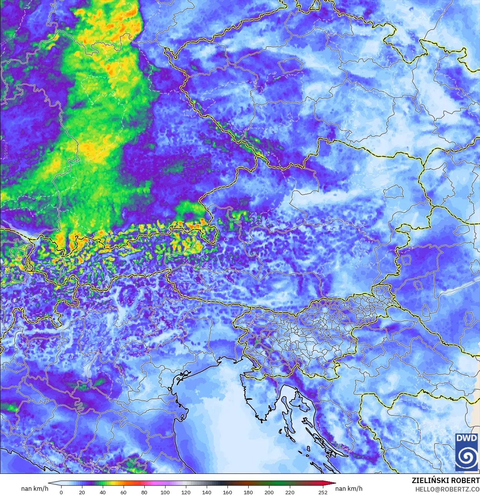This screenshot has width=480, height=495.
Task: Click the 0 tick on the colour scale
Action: pos(61,492)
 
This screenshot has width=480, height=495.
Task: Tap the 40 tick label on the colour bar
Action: pos(102,492)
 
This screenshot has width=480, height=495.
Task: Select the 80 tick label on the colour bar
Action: pos(144,492)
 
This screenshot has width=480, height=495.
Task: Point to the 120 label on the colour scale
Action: pos(186,492)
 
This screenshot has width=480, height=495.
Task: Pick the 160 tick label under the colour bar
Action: pos(227,492)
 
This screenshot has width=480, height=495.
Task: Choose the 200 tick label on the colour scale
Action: pos(269,492)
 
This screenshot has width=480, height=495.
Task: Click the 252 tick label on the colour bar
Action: pos(323,492)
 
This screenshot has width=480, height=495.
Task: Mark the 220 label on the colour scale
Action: pos(290,492)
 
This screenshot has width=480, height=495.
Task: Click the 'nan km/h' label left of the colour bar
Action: pos(35,488)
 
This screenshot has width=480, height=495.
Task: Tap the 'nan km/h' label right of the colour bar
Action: pos(349,488)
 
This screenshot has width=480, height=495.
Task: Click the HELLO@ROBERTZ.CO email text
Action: pos(447,489)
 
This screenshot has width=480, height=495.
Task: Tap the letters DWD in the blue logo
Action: pos(466,438)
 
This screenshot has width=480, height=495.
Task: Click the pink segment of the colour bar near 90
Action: pos(154,484)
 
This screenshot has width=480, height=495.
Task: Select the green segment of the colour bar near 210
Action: pos(279,484)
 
